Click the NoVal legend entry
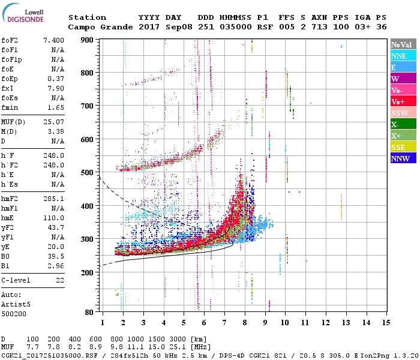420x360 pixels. [403, 44]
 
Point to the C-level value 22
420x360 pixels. [60, 280]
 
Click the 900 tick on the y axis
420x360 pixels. [87, 40]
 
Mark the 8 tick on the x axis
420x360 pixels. [245, 323]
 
